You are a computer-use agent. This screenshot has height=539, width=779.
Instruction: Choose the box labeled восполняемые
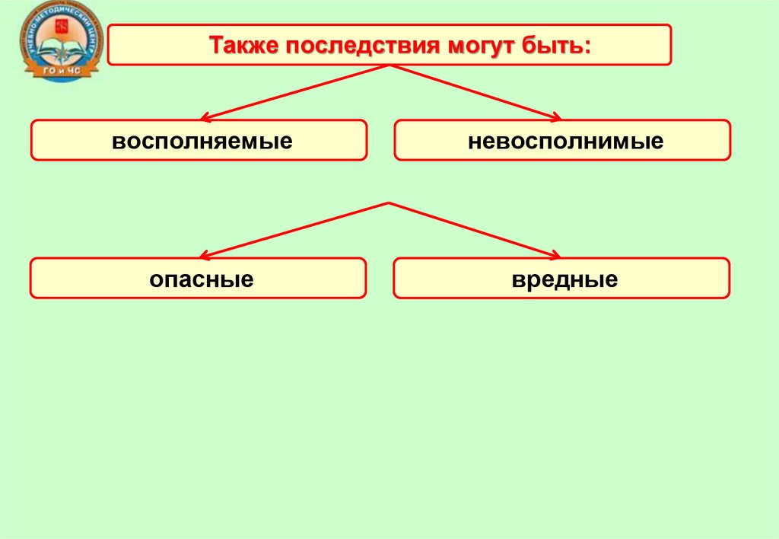(199, 140)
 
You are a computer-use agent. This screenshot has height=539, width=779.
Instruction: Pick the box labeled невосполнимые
(562, 140)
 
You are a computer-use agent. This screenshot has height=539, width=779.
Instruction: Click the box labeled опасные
(199, 279)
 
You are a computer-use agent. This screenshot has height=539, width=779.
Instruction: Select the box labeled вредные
(562, 279)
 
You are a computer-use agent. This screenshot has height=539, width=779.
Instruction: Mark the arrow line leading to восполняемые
(297, 92)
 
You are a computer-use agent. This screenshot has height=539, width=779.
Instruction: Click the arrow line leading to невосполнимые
(475, 92)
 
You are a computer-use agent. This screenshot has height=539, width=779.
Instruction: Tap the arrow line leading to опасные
(297, 230)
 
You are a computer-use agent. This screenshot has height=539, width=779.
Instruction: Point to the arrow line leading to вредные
(475, 230)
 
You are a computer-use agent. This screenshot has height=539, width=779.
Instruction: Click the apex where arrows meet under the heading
(389, 66)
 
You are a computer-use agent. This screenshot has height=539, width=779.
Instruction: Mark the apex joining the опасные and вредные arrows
(389, 203)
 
